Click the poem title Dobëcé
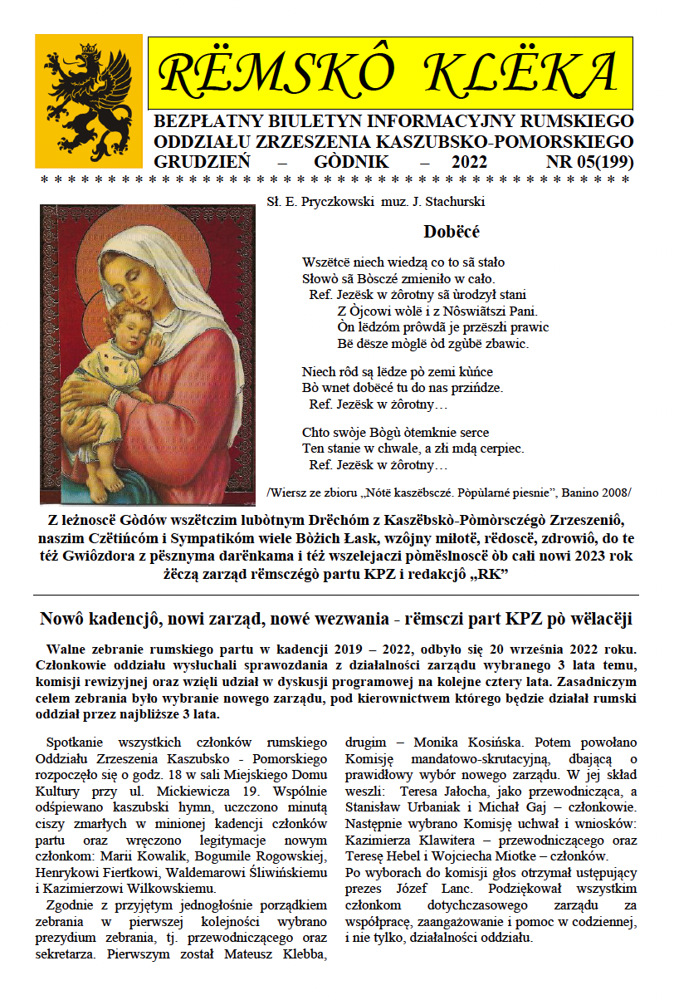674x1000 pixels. click(x=452, y=232)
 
